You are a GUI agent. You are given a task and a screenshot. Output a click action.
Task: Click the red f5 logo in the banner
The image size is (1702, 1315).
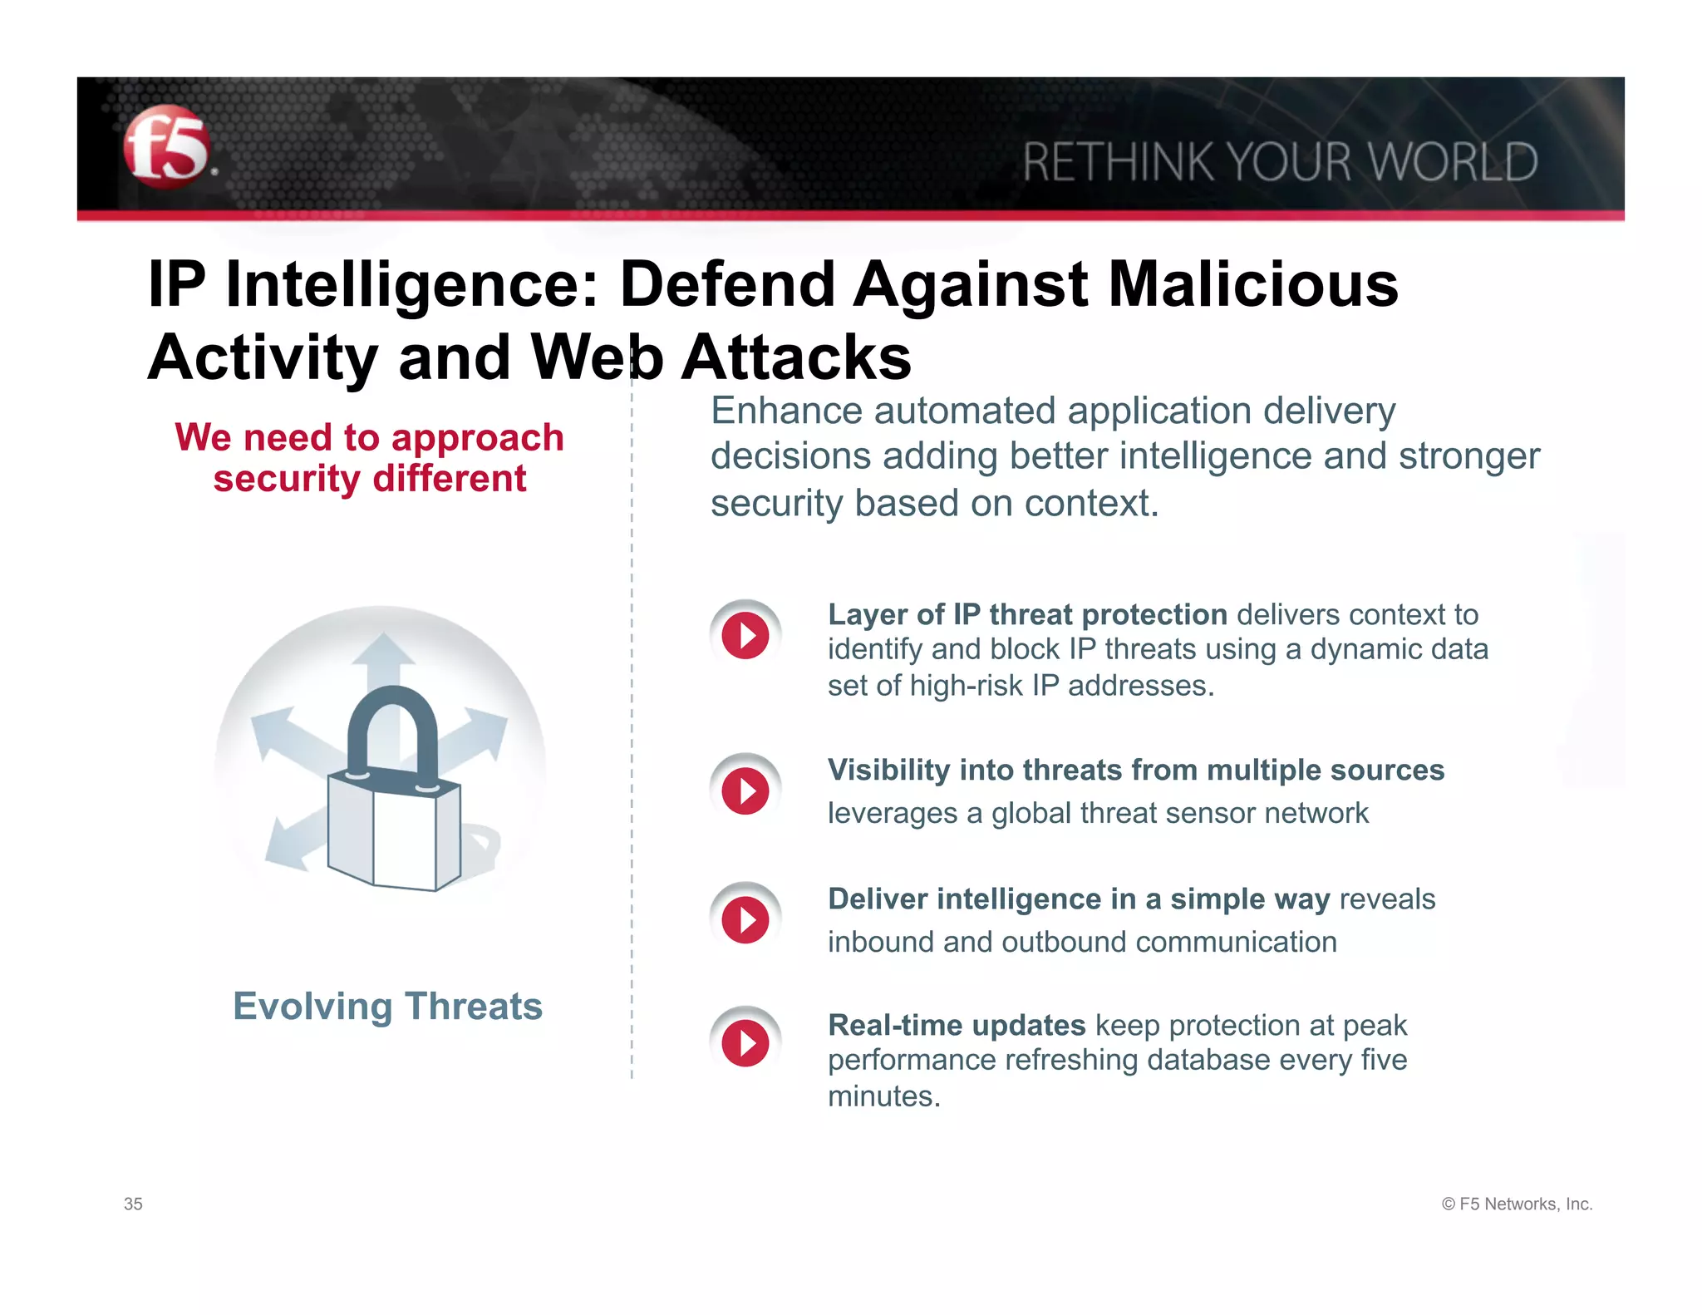166,147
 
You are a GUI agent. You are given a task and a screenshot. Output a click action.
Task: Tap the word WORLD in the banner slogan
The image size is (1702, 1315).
1453,162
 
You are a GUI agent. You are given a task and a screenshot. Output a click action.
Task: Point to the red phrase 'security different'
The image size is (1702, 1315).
369,479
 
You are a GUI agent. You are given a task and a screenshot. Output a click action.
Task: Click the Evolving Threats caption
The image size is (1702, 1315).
387,1006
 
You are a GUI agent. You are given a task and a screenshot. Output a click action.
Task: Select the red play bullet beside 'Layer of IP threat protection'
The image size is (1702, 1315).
745,636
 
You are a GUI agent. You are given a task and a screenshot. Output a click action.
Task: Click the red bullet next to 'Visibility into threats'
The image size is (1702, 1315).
745,790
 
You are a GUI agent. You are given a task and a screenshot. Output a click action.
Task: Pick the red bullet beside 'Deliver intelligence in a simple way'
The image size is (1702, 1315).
745,919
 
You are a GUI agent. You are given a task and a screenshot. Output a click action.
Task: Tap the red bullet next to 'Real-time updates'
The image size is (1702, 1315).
745,1043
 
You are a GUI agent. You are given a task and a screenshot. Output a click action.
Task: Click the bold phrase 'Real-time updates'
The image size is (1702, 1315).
957,1026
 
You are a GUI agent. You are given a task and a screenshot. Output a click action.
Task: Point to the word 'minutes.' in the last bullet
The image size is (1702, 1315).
884,1096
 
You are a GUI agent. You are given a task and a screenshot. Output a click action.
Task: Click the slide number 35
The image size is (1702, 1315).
133,1204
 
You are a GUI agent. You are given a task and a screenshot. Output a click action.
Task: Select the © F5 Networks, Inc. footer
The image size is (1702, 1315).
1517,1204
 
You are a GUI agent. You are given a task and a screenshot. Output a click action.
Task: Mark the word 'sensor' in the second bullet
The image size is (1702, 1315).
1205,813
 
